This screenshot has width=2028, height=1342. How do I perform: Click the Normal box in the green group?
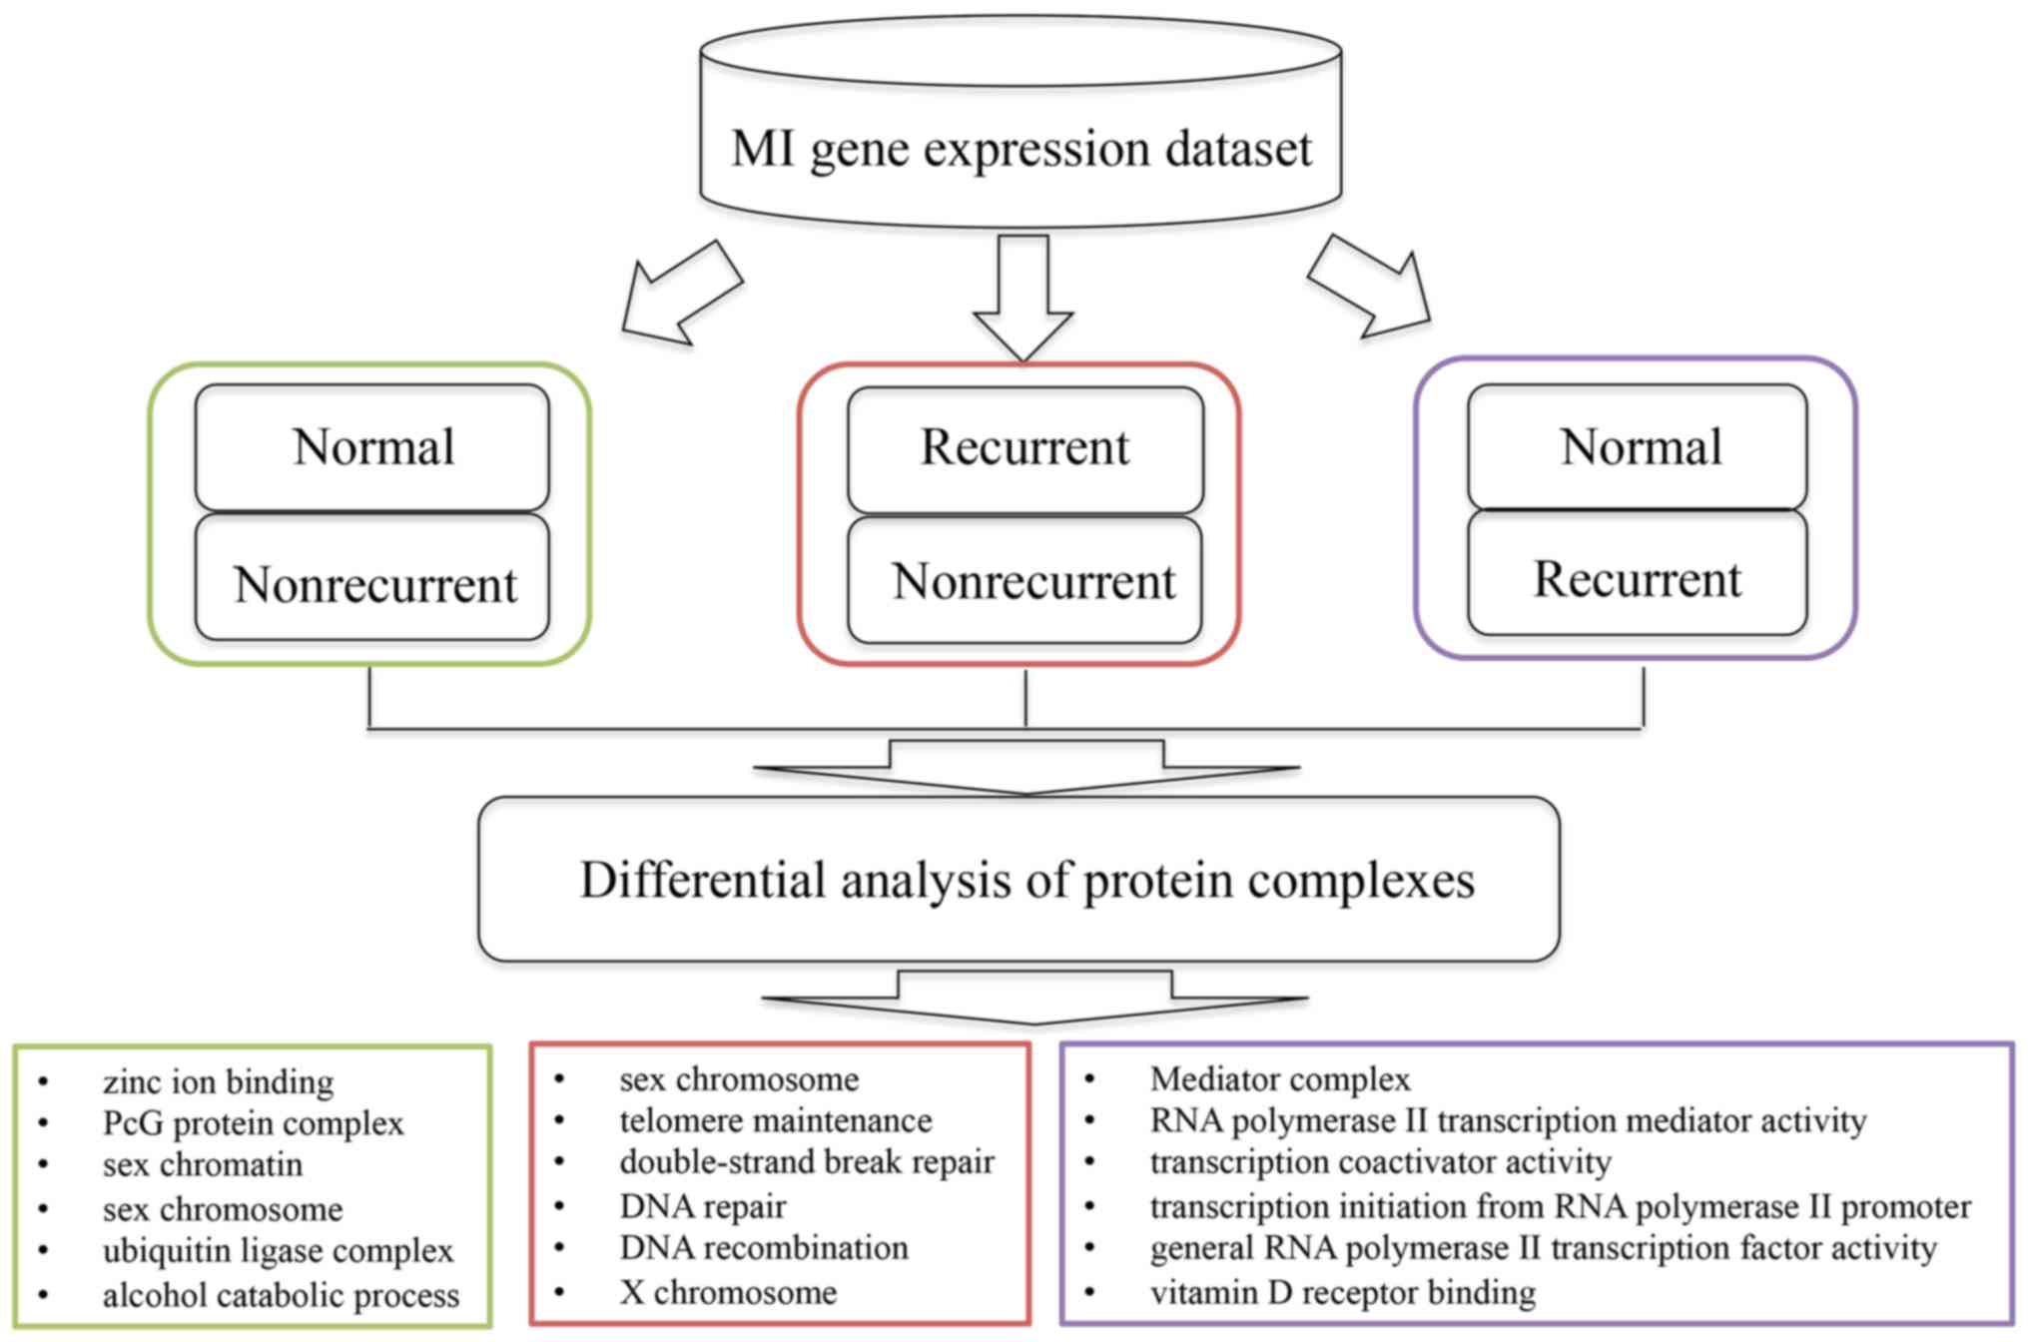pyautogui.click(x=372, y=447)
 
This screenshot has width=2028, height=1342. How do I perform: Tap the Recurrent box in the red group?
pyautogui.click(x=1025, y=449)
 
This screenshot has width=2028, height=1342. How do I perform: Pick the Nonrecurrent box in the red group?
pyautogui.click(x=1025, y=580)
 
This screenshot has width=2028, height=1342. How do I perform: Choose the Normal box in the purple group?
pyautogui.click(x=1638, y=447)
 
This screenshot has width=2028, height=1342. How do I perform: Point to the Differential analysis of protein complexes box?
pyautogui.click(x=1018, y=880)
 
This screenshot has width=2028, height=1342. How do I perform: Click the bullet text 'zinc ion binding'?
pyautogui.click(x=218, y=1082)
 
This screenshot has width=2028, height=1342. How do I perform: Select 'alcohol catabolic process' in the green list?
pyautogui.click(x=281, y=1295)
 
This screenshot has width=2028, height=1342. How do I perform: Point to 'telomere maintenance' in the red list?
pyautogui.click(x=775, y=1121)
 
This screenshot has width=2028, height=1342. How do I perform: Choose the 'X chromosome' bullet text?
pyautogui.click(x=728, y=1292)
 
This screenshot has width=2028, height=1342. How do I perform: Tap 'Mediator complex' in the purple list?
pyautogui.click(x=1279, y=1079)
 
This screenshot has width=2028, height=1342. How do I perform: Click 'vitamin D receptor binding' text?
pyautogui.click(x=1342, y=1292)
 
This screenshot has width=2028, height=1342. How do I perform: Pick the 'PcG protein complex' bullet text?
pyautogui.click(x=253, y=1124)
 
